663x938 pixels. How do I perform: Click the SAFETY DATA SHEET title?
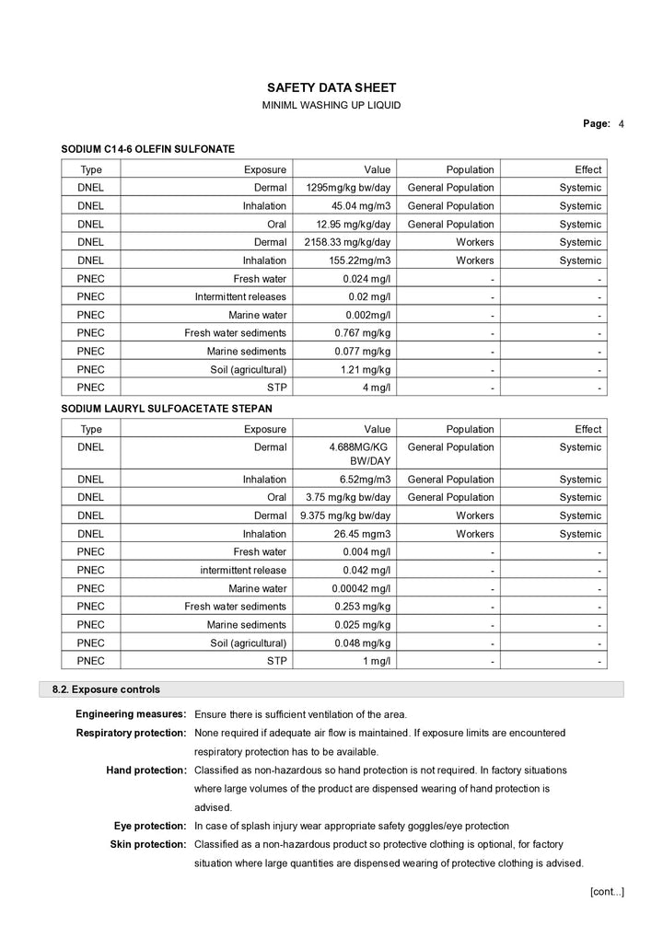point(331,87)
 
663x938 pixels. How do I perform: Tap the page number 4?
point(622,123)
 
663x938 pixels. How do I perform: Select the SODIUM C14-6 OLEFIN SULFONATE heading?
point(148,148)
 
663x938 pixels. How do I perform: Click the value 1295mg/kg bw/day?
point(348,188)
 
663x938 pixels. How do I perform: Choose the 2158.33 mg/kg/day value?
point(347,242)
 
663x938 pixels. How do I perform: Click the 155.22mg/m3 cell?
point(359,261)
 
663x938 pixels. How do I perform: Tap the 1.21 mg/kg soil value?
point(366,369)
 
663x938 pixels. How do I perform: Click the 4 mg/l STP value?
point(377,388)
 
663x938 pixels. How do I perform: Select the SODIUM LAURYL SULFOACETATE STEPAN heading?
point(167,408)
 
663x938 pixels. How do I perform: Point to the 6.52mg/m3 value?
point(365,480)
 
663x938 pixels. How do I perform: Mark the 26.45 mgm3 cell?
point(362,534)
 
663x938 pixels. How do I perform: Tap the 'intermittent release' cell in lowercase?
point(243,570)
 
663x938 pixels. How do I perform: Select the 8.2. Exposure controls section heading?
point(107,689)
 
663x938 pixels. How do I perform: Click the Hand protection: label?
point(146,770)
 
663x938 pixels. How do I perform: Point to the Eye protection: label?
point(150,826)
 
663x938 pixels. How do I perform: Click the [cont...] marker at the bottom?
point(607,891)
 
